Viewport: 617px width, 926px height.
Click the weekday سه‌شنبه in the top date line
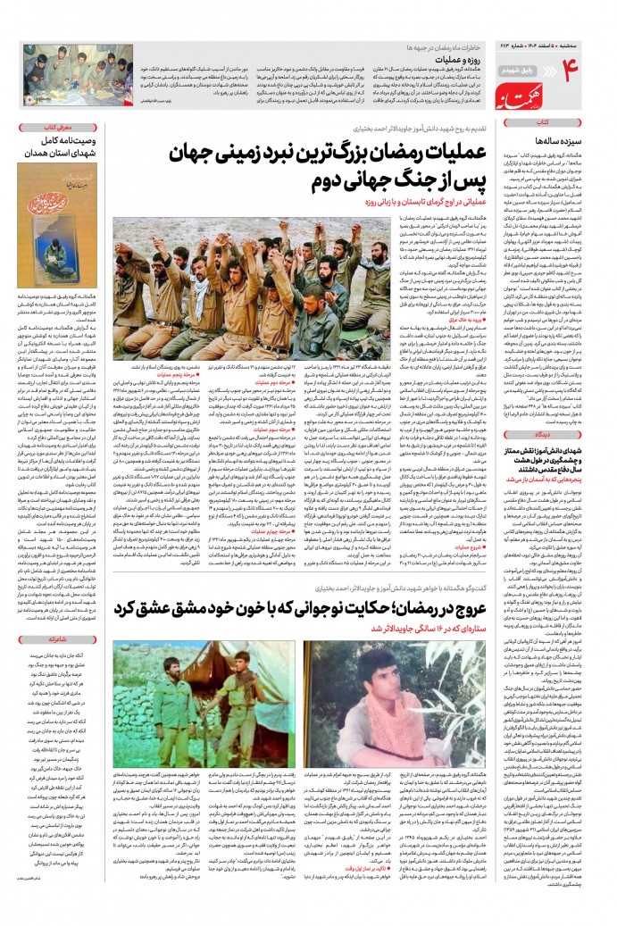598,21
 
